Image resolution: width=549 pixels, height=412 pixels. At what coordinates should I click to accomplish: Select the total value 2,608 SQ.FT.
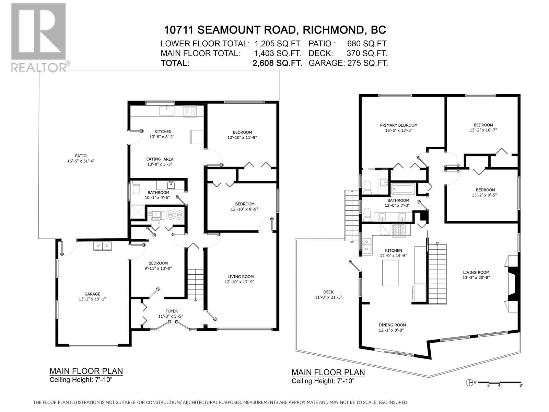coord(277,63)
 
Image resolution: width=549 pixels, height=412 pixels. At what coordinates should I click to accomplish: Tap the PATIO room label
coord(81,156)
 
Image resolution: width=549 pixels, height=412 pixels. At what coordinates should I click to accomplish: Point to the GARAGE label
coord(92,294)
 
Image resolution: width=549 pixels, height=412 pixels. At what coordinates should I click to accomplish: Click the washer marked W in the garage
coord(98,246)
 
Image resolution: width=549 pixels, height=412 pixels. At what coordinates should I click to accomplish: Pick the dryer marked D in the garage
coord(107,246)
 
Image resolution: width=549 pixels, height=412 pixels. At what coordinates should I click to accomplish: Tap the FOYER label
coord(172,311)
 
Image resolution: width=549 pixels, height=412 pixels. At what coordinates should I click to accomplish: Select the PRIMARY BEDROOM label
coord(399,125)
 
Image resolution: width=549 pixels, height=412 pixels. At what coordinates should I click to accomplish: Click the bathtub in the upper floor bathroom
coord(403,189)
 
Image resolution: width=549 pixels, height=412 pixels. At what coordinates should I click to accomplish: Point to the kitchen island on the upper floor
coord(390,273)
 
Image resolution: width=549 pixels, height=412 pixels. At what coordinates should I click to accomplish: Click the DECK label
coord(328,292)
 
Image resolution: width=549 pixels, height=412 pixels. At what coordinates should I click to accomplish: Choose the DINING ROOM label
coord(392,325)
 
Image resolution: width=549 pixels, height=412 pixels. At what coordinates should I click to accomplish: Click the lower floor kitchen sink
coord(166,110)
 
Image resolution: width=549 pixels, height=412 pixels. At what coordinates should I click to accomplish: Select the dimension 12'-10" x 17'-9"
coord(241,282)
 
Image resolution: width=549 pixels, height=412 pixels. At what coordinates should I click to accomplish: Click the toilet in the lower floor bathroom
coord(136,187)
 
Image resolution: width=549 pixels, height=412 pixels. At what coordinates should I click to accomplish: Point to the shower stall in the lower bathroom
coord(138,212)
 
